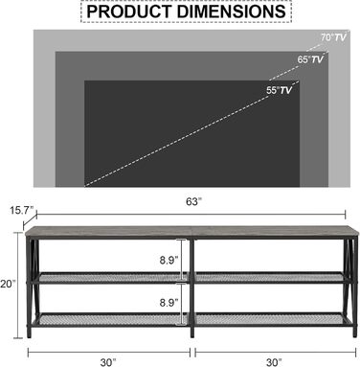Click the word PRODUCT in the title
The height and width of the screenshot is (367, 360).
click(x=129, y=11)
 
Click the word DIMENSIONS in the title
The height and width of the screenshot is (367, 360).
click(x=232, y=11)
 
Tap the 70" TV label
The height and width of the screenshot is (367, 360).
click(x=333, y=37)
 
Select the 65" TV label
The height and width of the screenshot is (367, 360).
click(x=310, y=59)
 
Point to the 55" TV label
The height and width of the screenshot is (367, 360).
click(x=280, y=90)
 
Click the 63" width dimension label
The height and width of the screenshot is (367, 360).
click(x=193, y=201)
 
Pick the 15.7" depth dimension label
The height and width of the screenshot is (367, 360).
click(x=22, y=210)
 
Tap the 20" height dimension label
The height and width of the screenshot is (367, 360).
click(x=8, y=284)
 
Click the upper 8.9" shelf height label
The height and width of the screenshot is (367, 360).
click(x=169, y=261)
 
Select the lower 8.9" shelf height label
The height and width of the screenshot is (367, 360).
click(x=169, y=302)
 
